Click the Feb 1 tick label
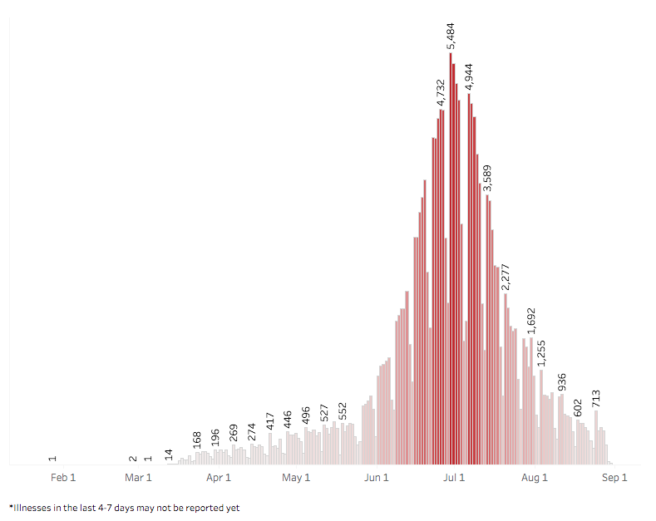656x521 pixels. pyautogui.click(x=63, y=477)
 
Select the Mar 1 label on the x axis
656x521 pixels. pyautogui.click(x=138, y=477)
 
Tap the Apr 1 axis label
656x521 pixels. pyautogui.click(x=219, y=477)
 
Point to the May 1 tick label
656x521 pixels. pyautogui.click(x=296, y=477)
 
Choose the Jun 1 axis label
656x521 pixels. pyautogui.click(x=377, y=477)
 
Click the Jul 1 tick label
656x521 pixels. pyautogui.click(x=453, y=477)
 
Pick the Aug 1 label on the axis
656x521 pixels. pyautogui.click(x=535, y=477)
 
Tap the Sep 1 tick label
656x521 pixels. pyautogui.click(x=614, y=477)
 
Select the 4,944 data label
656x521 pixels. pyautogui.click(x=470, y=76)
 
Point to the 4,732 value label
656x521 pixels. pyautogui.click(x=442, y=94)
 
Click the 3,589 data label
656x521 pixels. pyautogui.click(x=488, y=179)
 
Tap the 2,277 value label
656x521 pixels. pyautogui.click(x=506, y=277)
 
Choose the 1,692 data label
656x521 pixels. pyautogui.click(x=531, y=322)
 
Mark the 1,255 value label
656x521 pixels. pyautogui.click(x=541, y=353)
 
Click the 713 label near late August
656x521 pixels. pyautogui.click(x=596, y=399)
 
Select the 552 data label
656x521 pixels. pyautogui.click(x=343, y=412)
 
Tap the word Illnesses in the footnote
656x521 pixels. pyautogui.click(x=36, y=506)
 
